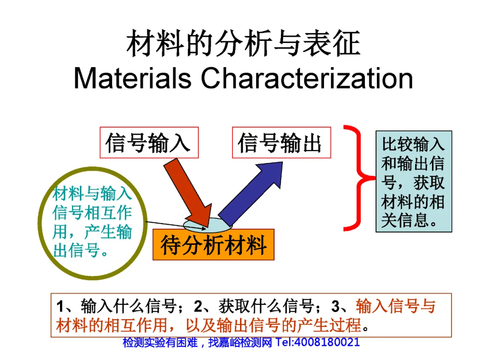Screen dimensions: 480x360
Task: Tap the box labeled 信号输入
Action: click(148, 143)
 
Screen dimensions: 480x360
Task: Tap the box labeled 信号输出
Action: click(281, 143)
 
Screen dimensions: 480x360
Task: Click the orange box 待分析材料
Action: click(213, 245)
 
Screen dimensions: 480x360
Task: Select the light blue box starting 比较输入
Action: click(413, 181)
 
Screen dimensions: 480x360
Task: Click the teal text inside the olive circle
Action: click(92, 222)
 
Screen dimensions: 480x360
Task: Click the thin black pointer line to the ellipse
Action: click(173, 224)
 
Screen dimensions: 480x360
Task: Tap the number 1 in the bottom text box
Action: click(61, 307)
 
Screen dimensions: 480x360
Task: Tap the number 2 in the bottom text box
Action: click(198, 307)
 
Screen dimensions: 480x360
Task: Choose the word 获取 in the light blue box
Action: click(429, 184)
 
